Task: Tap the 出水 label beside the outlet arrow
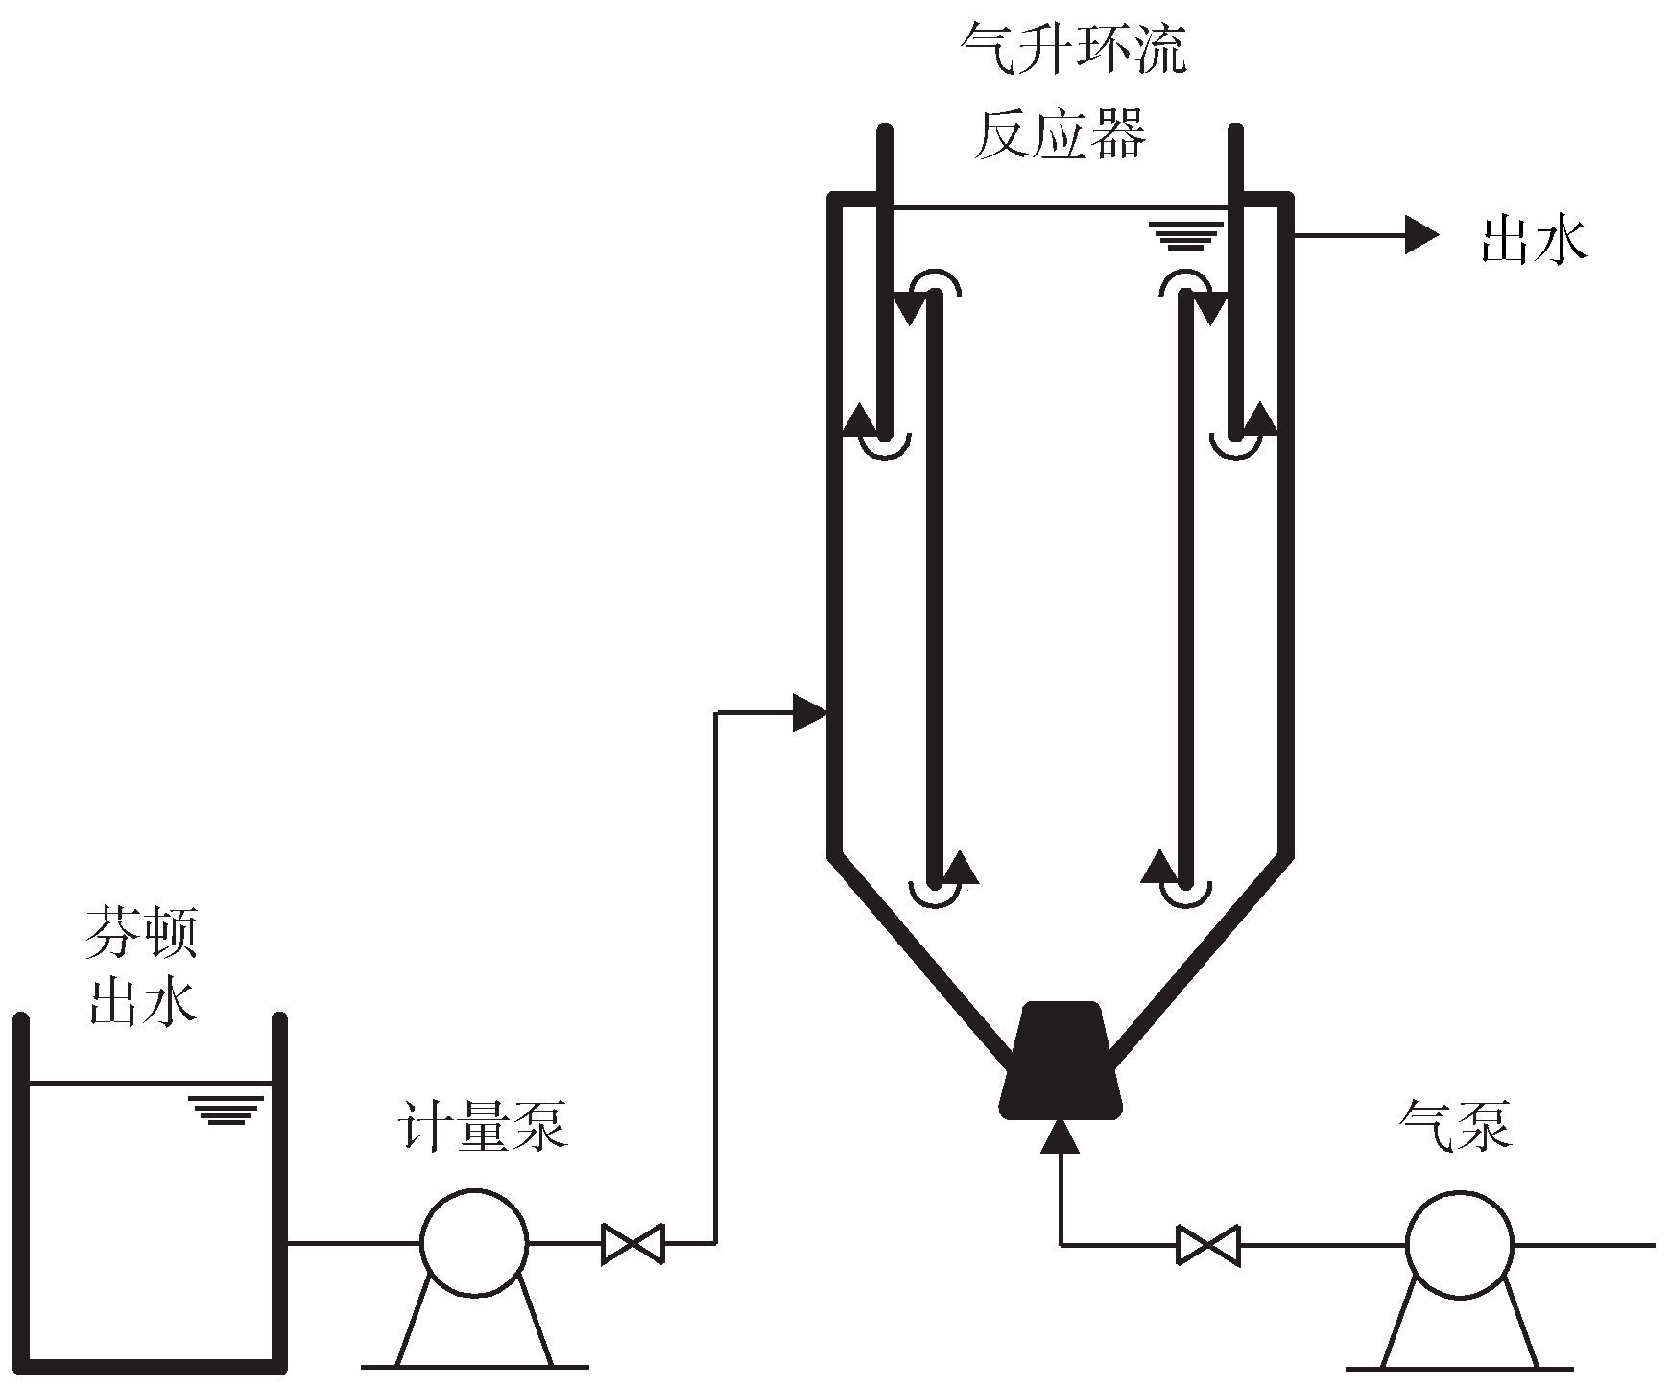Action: tap(1534, 240)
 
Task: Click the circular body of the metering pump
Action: tap(474, 1242)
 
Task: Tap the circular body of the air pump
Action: tap(1458, 1244)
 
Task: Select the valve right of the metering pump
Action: tap(632, 1243)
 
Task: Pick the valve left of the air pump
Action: tap(1208, 1245)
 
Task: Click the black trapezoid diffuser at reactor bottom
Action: tap(1060, 1062)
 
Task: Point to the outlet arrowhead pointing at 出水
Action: tap(1421, 234)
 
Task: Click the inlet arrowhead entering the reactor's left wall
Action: tap(809, 712)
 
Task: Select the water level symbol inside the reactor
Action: tap(1187, 236)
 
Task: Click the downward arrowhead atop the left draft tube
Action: tap(909, 310)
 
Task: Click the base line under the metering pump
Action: tap(475, 1366)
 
